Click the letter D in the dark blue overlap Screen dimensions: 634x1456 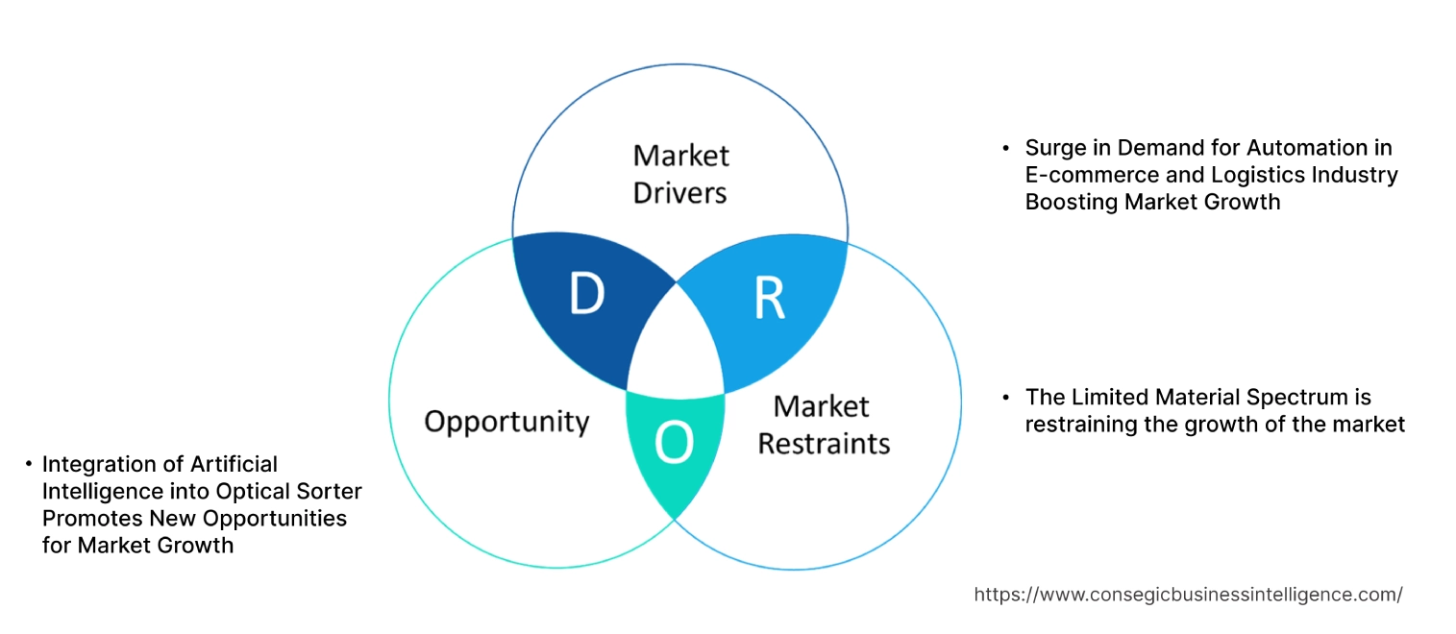[x=586, y=295]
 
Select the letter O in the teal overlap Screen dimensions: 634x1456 [x=674, y=442]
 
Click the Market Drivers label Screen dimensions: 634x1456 [x=680, y=174]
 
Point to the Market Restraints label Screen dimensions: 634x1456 [x=824, y=425]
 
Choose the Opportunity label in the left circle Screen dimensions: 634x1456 [x=506, y=421]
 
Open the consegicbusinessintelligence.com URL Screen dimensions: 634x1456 [x=1188, y=595]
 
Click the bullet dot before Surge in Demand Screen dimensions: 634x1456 [x=1006, y=149]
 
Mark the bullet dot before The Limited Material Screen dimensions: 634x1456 [x=1006, y=398]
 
